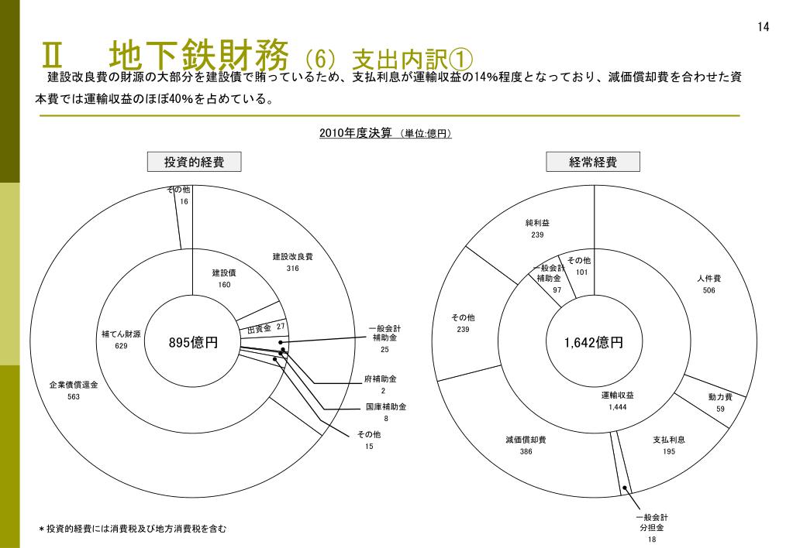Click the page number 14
pyautogui.click(x=763, y=27)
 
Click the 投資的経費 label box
pyautogui.click(x=195, y=162)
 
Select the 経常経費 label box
pyautogui.click(x=594, y=162)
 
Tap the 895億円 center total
pyautogui.click(x=193, y=343)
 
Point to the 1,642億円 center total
pyautogui.click(x=594, y=343)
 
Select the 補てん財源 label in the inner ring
pyautogui.click(x=121, y=334)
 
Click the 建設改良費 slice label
pyautogui.click(x=292, y=257)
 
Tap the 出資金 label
pyautogui.click(x=259, y=329)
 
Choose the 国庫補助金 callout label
pyautogui.click(x=386, y=406)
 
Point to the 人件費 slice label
pyautogui.click(x=709, y=279)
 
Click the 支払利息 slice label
pyautogui.click(x=669, y=440)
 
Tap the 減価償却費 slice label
pyautogui.click(x=526, y=440)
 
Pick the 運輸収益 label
pyautogui.click(x=618, y=396)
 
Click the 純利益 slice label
pyautogui.click(x=537, y=224)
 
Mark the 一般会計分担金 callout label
pyautogui.click(x=652, y=522)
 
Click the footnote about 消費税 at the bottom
pyautogui.click(x=133, y=529)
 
